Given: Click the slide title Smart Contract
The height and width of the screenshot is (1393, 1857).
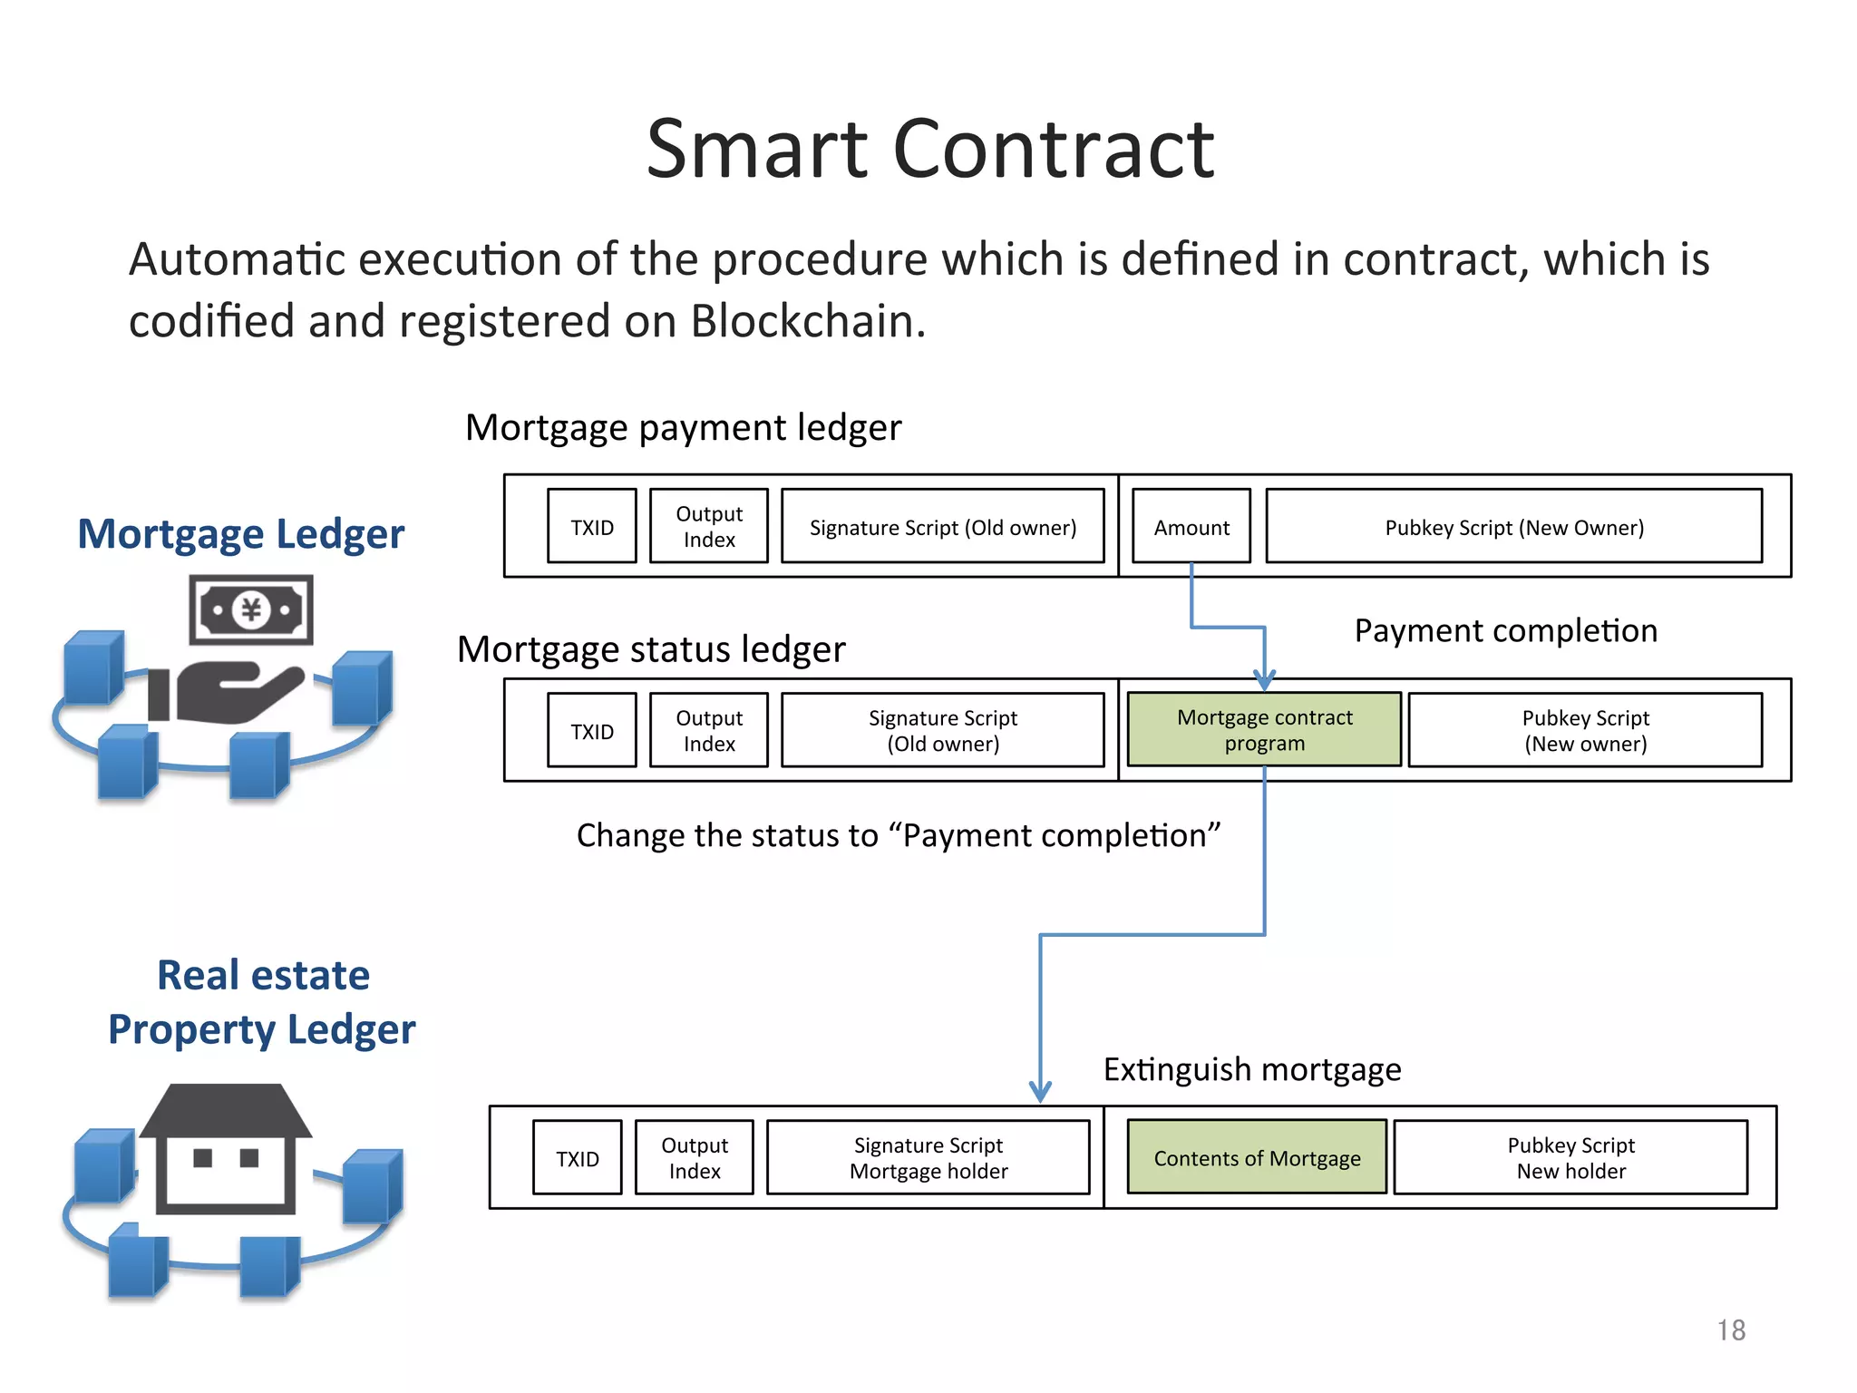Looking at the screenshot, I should pyautogui.click(x=929, y=150).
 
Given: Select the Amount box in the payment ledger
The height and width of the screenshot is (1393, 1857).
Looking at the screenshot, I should pyautogui.click(x=1191, y=527).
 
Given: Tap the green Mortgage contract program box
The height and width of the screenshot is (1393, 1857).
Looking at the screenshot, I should pyautogui.click(x=1264, y=730).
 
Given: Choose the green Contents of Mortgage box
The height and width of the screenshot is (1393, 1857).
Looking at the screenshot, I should pyautogui.click(x=1257, y=1158).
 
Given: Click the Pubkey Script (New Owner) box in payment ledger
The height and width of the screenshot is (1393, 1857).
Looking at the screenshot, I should pyautogui.click(x=1513, y=527).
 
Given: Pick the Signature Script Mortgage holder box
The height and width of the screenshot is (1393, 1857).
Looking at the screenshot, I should pyautogui.click(x=928, y=1158).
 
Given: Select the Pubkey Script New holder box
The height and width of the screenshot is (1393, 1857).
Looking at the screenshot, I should pyautogui.click(x=1570, y=1158).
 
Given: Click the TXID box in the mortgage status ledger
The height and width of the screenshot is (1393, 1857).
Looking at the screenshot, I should pyautogui.click(x=592, y=731).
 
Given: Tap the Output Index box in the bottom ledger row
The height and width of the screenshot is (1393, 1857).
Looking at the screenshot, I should pyautogui.click(x=695, y=1158).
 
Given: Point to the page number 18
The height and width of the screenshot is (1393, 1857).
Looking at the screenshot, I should pyautogui.click(x=1730, y=1330).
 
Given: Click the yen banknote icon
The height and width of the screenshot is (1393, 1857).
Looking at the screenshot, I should pyautogui.click(x=251, y=609).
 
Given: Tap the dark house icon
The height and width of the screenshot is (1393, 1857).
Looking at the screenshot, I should pyautogui.click(x=226, y=1149).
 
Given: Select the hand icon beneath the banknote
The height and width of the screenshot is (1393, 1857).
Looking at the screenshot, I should pyautogui.click(x=227, y=694).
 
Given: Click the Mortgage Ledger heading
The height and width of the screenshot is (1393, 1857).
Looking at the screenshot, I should pyautogui.click(x=241, y=533).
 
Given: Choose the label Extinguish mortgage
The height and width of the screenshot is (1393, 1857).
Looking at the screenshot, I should pyautogui.click(x=1252, y=1070).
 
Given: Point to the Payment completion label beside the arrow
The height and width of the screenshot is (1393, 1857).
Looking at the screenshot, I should pyautogui.click(x=1505, y=630).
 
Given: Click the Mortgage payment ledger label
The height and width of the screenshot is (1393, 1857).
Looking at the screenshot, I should pyautogui.click(x=683, y=427).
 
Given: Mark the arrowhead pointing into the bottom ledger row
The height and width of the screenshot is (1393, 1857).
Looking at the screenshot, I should pyautogui.click(x=1040, y=1091).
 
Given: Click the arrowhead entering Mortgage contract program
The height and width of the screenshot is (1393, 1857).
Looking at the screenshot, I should pyautogui.click(x=1264, y=680).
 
